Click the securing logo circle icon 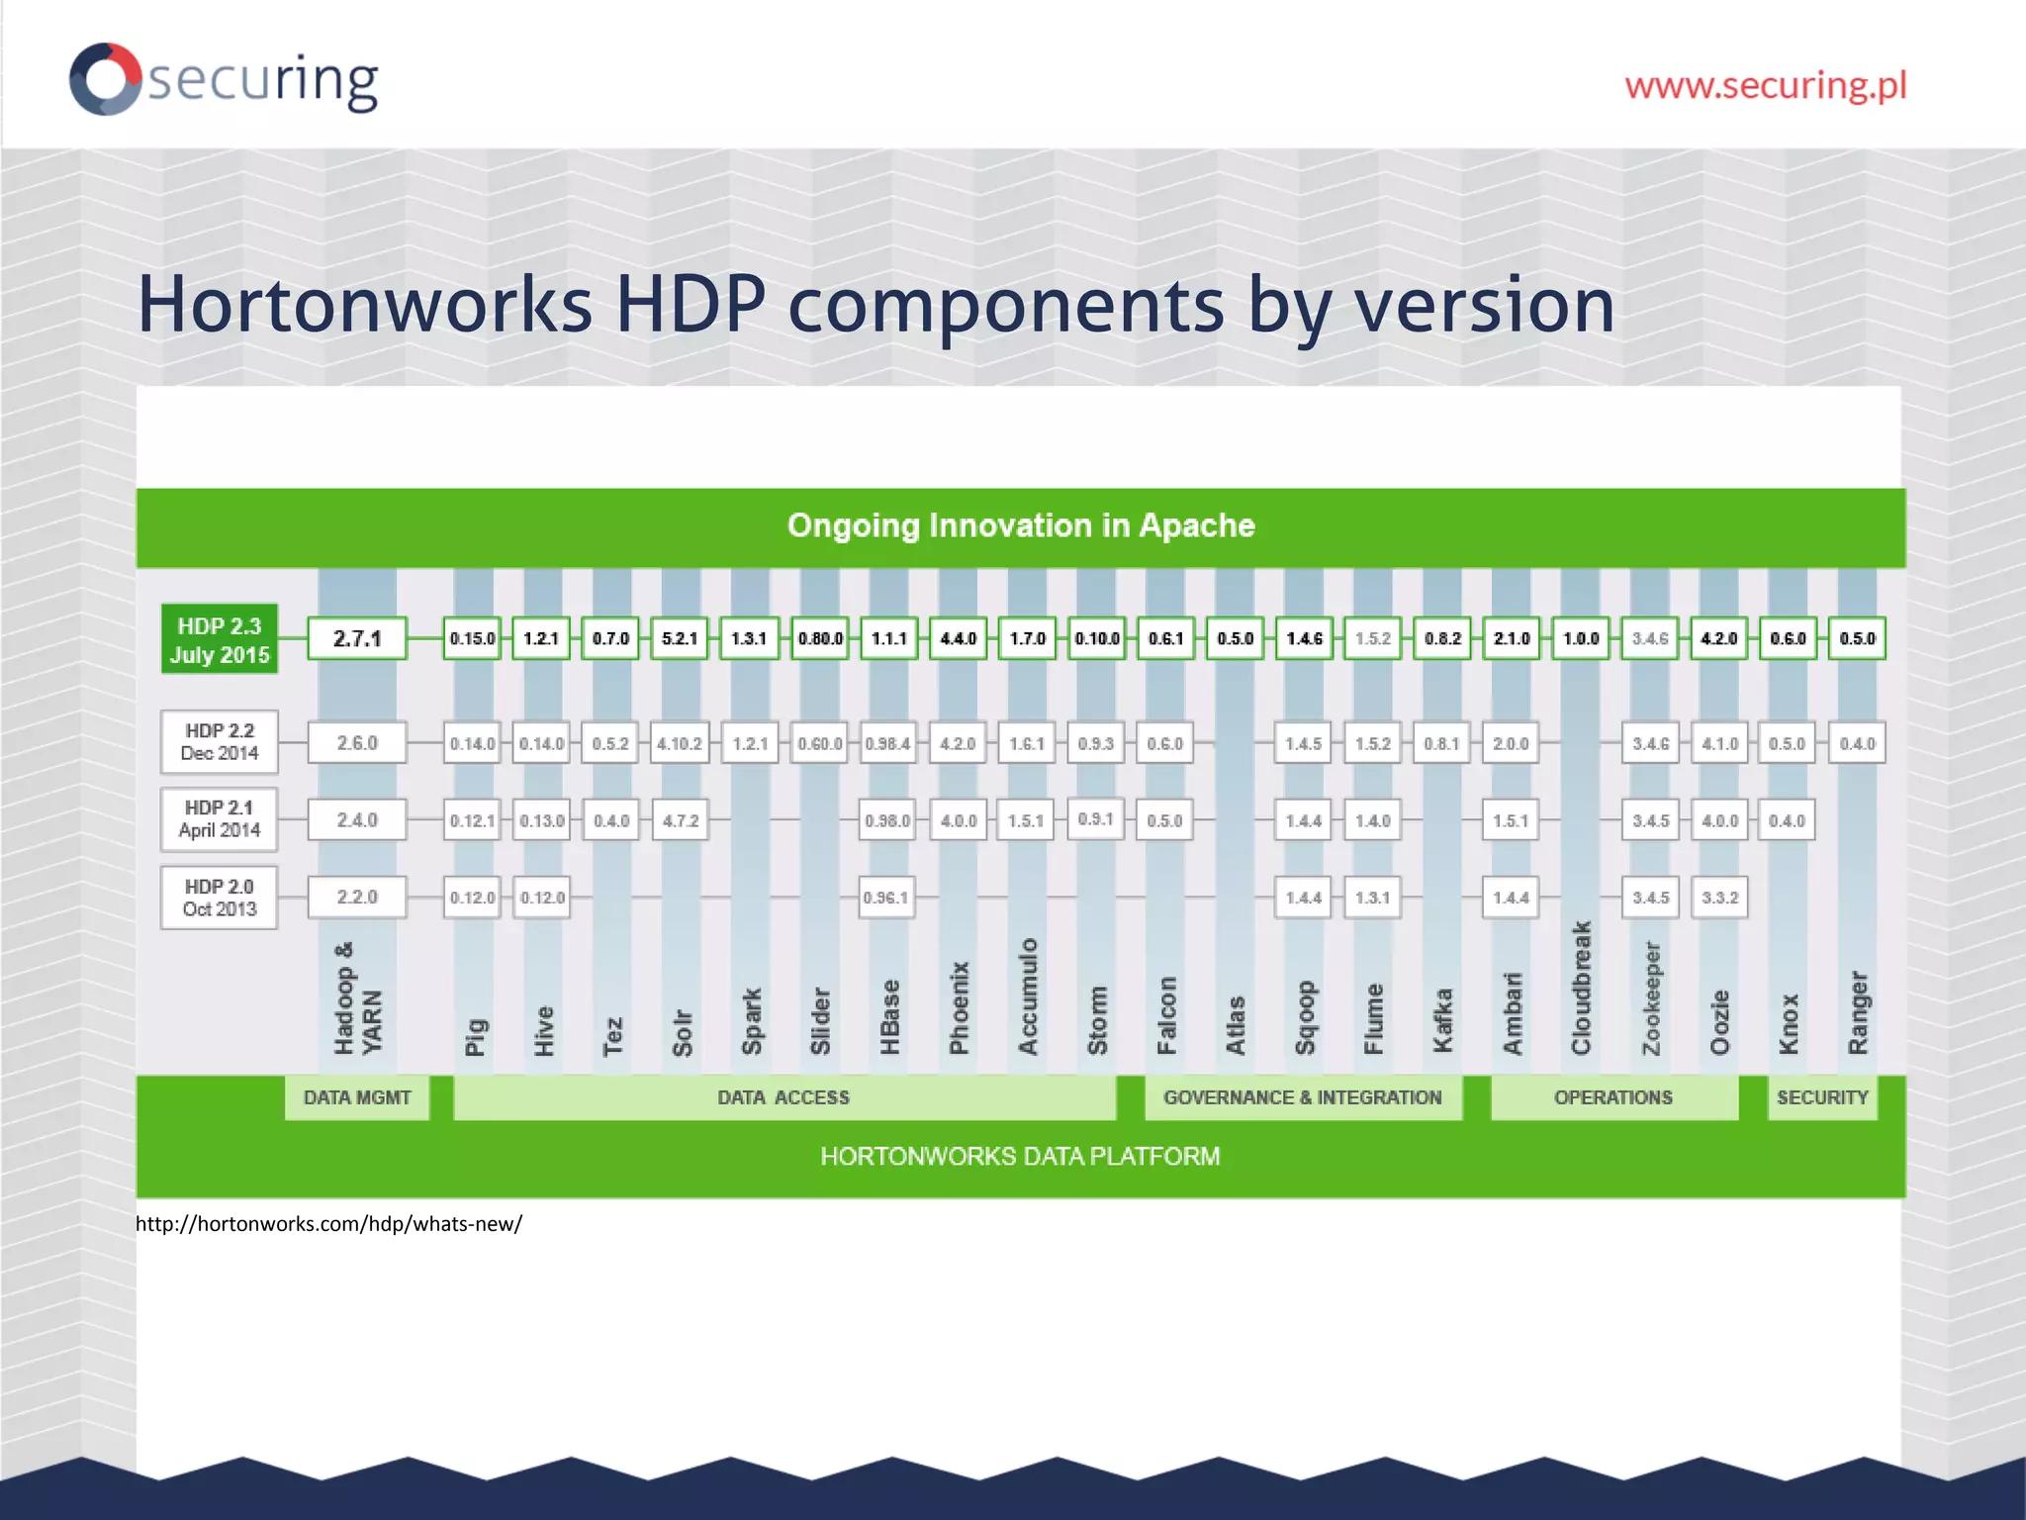click(105, 78)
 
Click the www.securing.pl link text click(1765, 85)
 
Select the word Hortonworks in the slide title click(363, 304)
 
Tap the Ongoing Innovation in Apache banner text click(1020, 525)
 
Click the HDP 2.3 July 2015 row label click(219, 639)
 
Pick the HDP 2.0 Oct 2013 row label click(219, 898)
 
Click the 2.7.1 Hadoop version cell click(357, 638)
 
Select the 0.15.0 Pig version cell click(472, 638)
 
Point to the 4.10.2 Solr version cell click(680, 743)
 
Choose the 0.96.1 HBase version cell click(885, 898)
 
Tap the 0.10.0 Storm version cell click(1096, 638)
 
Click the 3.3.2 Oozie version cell click(1719, 898)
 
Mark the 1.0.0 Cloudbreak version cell click(1580, 638)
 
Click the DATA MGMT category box click(357, 1097)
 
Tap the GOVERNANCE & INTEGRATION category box click(1302, 1097)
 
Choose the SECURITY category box click(1821, 1097)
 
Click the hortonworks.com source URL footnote click(328, 1224)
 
